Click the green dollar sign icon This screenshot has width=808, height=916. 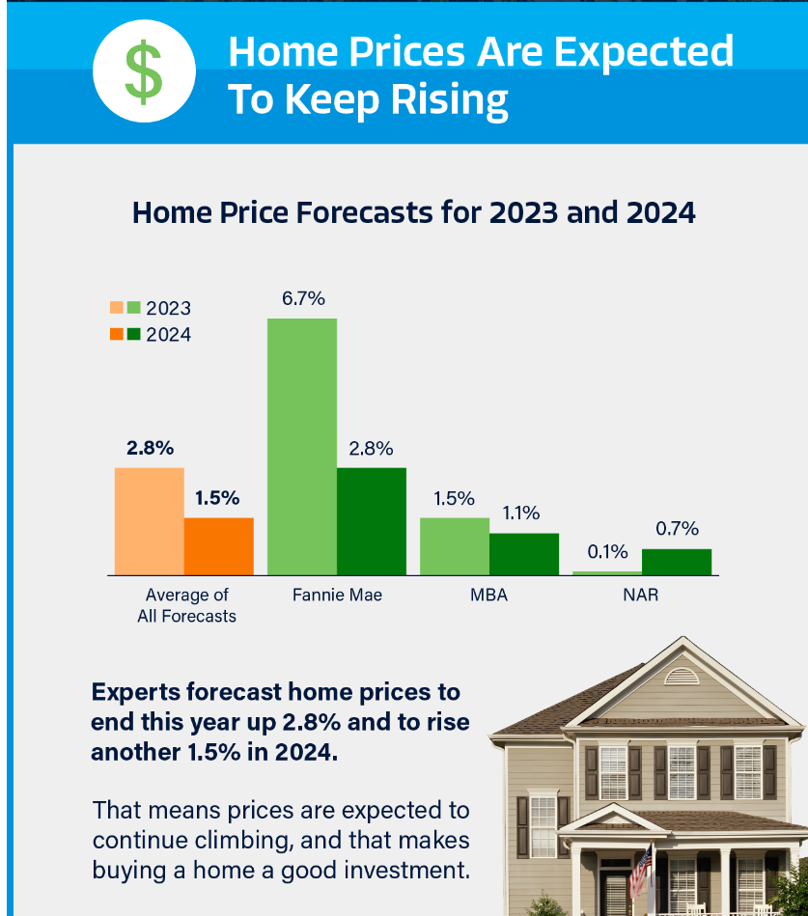[144, 75]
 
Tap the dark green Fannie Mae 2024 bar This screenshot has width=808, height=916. [371, 521]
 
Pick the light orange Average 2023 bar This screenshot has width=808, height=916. [149, 521]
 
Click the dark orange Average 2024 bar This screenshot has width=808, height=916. [218, 546]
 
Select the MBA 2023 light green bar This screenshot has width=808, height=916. [454, 546]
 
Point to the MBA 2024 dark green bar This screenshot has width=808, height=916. [523, 554]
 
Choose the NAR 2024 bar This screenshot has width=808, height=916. [676, 562]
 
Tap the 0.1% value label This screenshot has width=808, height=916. [607, 552]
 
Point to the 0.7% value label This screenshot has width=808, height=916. [677, 528]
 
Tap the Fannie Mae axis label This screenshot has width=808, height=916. [337, 595]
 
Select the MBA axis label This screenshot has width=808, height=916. [488, 595]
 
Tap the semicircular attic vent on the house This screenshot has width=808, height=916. [682, 676]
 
